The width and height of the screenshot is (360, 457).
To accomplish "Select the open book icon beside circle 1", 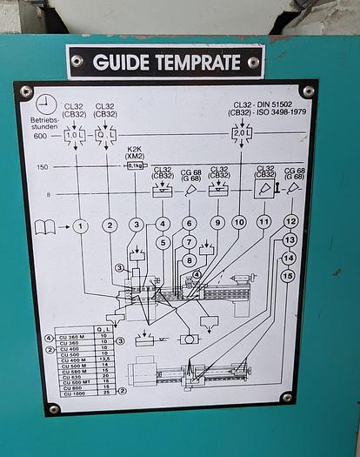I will pyautogui.click(x=44, y=226).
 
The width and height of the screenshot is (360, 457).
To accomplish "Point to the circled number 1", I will pyautogui.click(x=80, y=226).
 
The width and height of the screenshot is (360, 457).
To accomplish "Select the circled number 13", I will pyautogui.click(x=290, y=239).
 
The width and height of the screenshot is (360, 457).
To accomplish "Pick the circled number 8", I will pyautogui.click(x=190, y=259).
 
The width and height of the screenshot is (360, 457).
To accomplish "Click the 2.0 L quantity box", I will pyautogui.click(x=240, y=134).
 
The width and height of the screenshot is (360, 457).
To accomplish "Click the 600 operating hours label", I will pyautogui.click(x=41, y=136).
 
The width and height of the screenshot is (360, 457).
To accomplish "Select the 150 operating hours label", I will pyautogui.click(x=42, y=166).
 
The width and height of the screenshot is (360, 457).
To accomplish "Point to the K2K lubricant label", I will pyautogui.click(x=135, y=150).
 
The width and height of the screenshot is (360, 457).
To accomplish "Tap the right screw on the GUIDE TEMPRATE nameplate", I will pyautogui.click(x=253, y=63).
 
